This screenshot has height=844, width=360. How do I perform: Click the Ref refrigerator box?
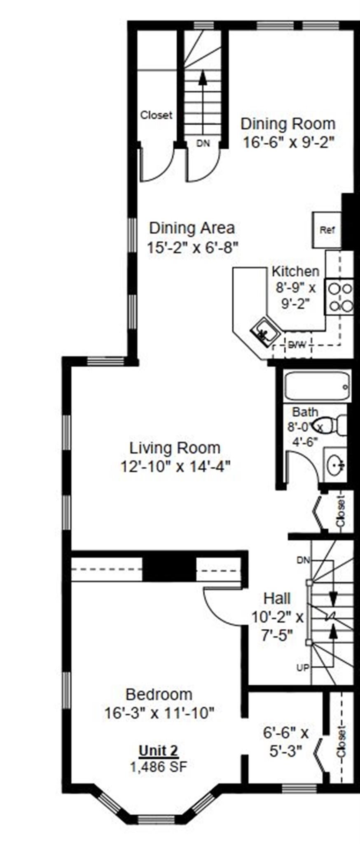pos(327,230)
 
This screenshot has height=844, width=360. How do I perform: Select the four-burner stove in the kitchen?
pos(339,297)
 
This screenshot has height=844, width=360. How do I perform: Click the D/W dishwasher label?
pos(297,345)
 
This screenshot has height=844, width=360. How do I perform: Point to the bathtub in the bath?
pos(318,387)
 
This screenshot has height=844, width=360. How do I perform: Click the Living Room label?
pos(175,448)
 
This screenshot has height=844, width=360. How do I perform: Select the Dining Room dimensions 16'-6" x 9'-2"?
pos(288,142)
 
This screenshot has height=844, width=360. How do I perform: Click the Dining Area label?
pos(192,228)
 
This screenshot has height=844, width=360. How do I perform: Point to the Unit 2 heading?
pos(159,750)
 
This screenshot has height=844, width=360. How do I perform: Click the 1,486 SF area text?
pos(159,767)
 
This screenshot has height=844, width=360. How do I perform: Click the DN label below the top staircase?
pos(203,143)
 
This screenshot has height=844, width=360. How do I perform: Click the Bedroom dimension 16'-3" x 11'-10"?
pos(159,713)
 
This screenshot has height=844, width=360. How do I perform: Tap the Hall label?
pos(277,598)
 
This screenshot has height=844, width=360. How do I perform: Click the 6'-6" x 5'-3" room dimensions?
pos(286,742)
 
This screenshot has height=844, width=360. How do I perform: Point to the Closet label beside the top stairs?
pos(156,115)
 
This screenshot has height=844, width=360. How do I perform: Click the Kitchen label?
pos(295,271)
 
